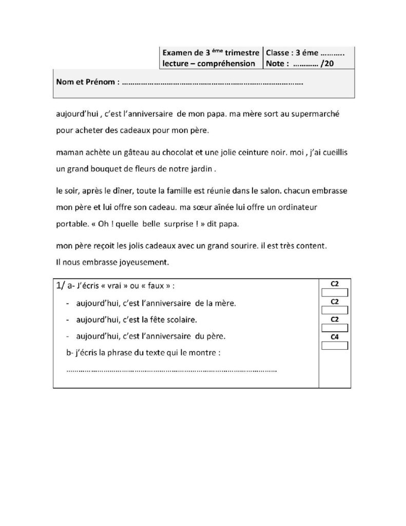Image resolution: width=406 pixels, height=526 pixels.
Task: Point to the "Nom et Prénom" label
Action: (x=86, y=82)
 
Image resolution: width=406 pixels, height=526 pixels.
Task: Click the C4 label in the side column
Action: (x=334, y=337)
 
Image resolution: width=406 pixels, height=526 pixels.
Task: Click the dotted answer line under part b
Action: (x=172, y=369)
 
